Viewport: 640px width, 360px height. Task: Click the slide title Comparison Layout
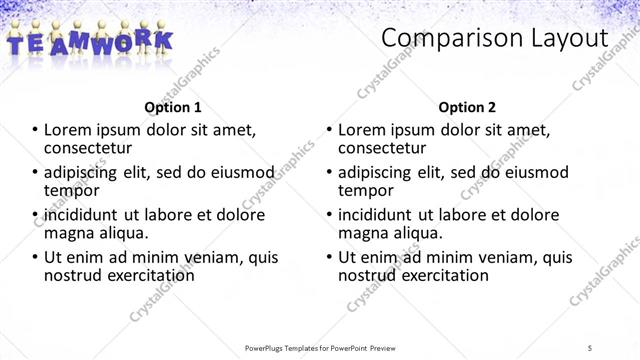pos(495,39)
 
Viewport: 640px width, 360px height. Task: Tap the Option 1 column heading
pos(173,106)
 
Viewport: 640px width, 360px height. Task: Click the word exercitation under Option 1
pos(144,275)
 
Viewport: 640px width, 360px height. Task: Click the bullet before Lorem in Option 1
pos(37,130)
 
